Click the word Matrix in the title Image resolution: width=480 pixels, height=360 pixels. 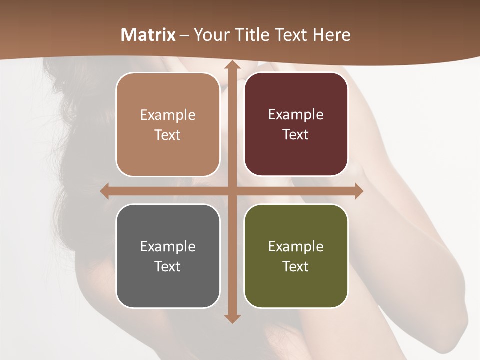tap(148, 35)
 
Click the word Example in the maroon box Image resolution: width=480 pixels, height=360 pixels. tap(296, 115)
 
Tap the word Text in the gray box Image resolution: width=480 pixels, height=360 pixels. tap(168, 266)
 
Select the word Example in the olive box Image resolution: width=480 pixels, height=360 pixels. tap(296, 246)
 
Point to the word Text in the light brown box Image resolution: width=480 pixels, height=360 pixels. tap(168, 135)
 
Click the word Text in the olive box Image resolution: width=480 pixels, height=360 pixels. tap(296, 266)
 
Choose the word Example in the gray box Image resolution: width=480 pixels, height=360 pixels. tap(168, 246)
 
